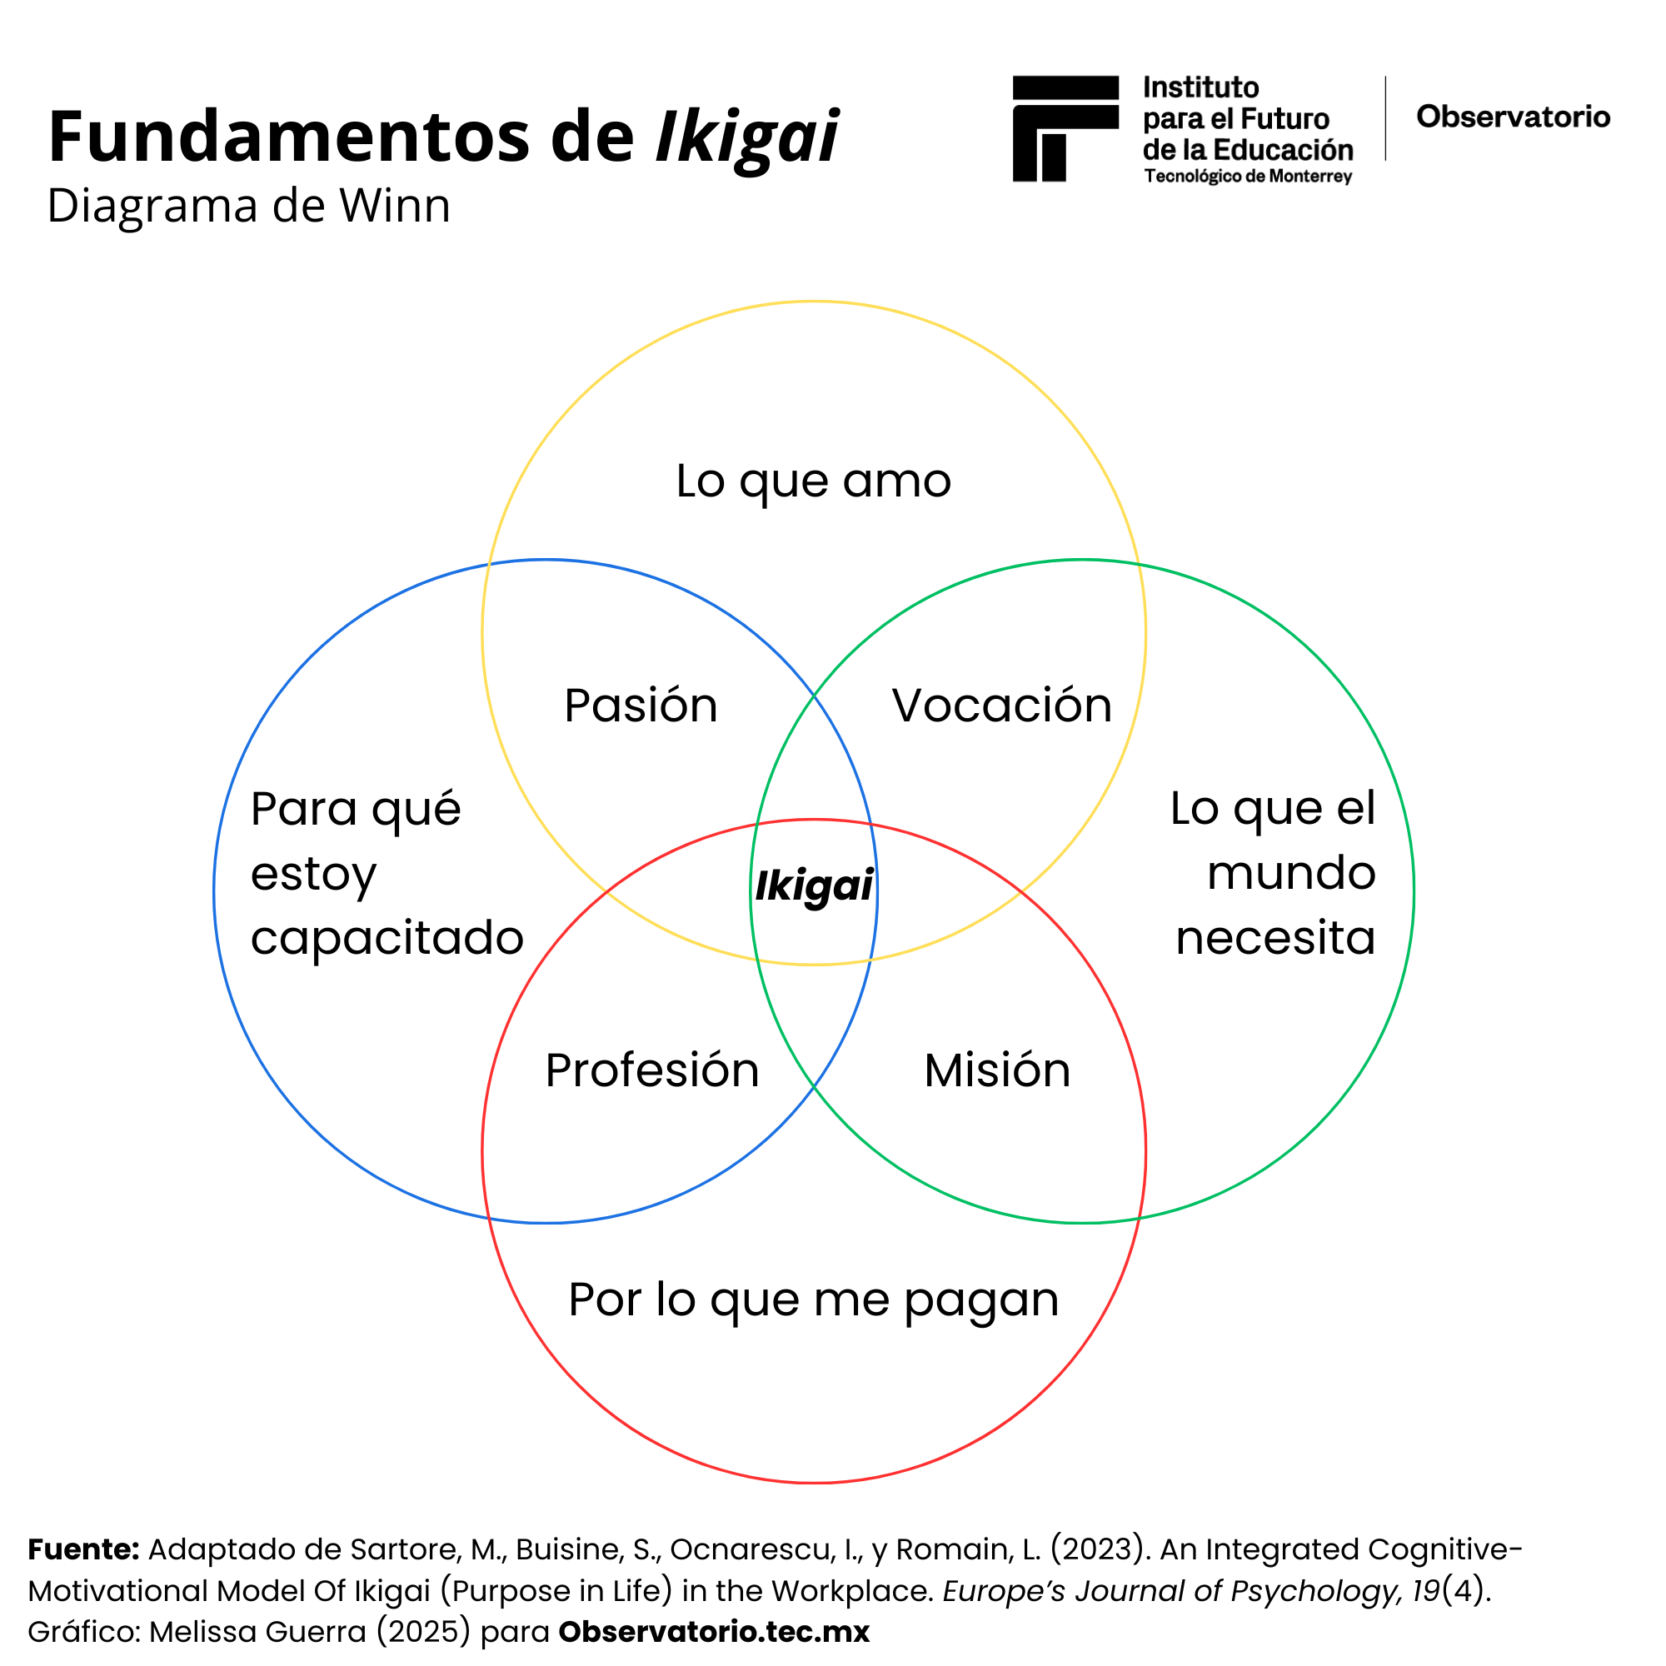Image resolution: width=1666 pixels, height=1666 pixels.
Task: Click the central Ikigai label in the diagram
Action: [814, 886]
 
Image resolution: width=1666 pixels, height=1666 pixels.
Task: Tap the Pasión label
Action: [641, 706]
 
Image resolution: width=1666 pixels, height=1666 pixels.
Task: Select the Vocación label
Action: [1001, 706]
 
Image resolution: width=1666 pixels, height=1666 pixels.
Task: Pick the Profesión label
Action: [652, 1070]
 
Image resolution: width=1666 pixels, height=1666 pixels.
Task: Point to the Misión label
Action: [997, 1070]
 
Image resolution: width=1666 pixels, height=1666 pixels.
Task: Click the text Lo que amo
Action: [813, 481]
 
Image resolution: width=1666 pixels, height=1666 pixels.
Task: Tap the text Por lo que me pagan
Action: [813, 1299]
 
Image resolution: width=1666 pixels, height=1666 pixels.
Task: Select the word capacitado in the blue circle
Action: [387, 938]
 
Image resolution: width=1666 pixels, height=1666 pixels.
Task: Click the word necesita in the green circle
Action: [1274, 937]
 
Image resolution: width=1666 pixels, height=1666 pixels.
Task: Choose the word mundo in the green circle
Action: [1290, 873]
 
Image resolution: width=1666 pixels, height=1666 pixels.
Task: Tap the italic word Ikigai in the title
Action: [746, 138]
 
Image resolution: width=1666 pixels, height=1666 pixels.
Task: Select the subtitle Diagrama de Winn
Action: [248, 206]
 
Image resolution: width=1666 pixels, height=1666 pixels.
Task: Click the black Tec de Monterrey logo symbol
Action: [1065, 128]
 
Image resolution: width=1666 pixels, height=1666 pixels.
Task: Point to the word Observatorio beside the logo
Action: [1513, 117]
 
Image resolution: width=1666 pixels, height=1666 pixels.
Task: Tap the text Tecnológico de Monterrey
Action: [1248, 177]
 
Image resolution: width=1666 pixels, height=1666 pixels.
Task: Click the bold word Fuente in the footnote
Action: [82, 1549]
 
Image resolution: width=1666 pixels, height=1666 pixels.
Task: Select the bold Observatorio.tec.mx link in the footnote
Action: [714, 1632]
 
